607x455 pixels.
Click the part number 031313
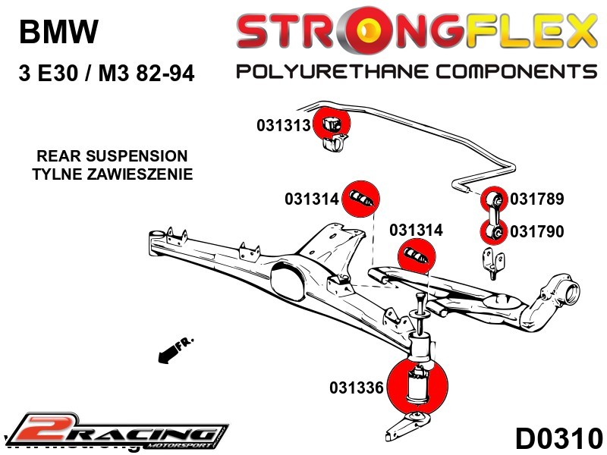284,125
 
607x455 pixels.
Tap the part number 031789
536,199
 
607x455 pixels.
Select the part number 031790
536,231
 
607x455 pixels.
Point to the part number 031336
357,388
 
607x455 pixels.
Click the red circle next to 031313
332,123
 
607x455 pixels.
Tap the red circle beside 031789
495,199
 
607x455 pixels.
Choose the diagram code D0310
558,438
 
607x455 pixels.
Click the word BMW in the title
58,33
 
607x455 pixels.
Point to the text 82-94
160,74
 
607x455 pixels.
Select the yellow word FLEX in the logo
527,32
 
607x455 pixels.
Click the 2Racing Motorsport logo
118,431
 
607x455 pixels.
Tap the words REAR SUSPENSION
112,156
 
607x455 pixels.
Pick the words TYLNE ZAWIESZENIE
112,174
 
